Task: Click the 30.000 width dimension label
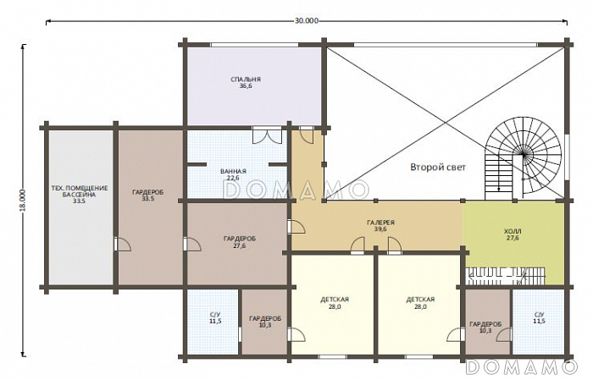pos(307,21)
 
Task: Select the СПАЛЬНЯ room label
pos(246,80)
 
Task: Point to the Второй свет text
pos(438,167)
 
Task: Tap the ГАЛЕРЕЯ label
pos(380,223)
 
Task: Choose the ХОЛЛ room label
pos(513,231)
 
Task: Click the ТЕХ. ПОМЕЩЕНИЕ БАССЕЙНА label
pos(80,191)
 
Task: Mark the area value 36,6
pos(246,86)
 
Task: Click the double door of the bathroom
pos(267,135)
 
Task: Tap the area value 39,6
pos(380,229)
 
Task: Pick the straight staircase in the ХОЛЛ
pos(506,275)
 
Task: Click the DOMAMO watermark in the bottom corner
pos(521,366)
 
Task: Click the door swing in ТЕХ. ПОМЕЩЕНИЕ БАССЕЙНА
pos(122,244)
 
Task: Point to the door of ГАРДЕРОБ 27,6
pos(192,244)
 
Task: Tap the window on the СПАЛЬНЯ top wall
pos(254,45)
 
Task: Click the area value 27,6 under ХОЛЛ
pos(513,238)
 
